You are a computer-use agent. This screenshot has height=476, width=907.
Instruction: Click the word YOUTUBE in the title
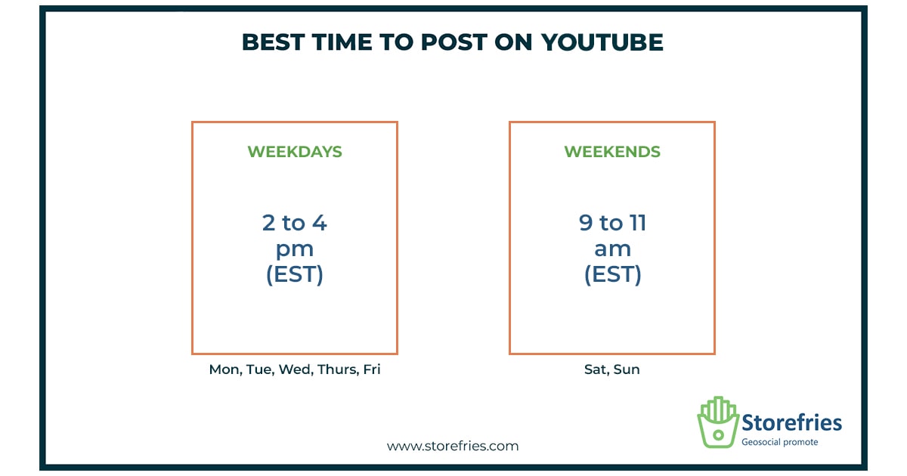point(602,42)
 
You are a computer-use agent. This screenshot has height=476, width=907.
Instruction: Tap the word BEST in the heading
point(274,42)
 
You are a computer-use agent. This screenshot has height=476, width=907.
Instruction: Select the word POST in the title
point(454,42)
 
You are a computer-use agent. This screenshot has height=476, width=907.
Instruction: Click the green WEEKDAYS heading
point(295,152)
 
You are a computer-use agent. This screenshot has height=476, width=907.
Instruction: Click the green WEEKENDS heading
point(612,152)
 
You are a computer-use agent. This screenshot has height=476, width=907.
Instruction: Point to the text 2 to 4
point(294,223)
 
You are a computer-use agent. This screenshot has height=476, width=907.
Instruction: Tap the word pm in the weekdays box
point(294,250)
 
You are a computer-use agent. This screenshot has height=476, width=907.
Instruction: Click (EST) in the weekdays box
point(294,274)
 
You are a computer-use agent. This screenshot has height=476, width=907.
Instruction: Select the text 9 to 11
point(612,223)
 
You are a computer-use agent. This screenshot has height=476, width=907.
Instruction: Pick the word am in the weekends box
point(612,249)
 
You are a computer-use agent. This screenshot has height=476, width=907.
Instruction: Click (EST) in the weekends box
point(612,274)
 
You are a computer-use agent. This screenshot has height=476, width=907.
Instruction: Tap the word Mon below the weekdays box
point(224,369)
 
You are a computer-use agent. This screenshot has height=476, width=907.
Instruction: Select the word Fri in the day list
point(372,369)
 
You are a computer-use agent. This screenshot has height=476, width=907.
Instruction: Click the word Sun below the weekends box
point(627,369)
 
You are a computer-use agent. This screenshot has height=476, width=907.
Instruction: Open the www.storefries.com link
point(453,446)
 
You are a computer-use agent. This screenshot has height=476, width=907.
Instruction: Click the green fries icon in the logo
point(718,422)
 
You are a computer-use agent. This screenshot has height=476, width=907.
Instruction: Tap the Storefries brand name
point(791,422)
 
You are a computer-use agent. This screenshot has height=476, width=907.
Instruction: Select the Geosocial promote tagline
point(780,443)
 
